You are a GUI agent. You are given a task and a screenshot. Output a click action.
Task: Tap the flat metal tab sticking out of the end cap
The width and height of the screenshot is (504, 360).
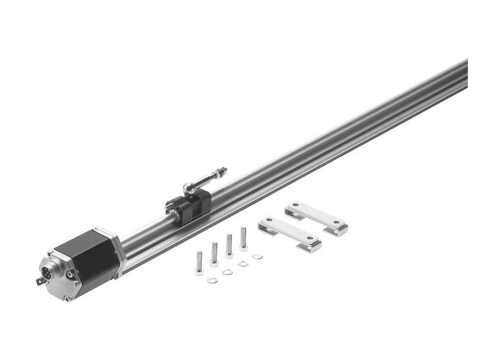click(x=40, y=281)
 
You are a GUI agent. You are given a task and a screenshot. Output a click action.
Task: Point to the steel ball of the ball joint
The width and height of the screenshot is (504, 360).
click(x=188, y=188)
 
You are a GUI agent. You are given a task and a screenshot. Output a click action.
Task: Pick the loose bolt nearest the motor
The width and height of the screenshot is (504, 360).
click(x=199, y=262)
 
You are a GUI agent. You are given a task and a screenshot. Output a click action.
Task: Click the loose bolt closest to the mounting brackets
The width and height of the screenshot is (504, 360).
click(x=243, y=238)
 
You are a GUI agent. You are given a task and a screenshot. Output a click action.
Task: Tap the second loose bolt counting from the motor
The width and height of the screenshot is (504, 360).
click(x=214, y=254)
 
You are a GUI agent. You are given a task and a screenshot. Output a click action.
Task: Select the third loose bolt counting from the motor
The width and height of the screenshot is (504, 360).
click(x=229, y=246)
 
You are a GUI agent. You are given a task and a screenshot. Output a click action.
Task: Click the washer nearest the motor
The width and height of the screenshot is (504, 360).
click(x=212, y=279)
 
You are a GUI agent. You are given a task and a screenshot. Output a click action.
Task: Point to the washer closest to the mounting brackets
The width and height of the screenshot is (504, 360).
click(x=258, y=256)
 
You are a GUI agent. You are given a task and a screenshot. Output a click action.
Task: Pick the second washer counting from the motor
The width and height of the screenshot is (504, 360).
click(x=228, y=271)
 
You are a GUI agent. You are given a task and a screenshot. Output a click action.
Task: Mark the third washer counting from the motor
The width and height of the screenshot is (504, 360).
click(x=243, y=264)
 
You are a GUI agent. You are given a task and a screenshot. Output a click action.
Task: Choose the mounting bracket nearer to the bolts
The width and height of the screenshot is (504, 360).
click(x=289, y=233)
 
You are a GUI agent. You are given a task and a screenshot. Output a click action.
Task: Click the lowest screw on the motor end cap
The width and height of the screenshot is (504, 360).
click(x=66, y=297)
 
